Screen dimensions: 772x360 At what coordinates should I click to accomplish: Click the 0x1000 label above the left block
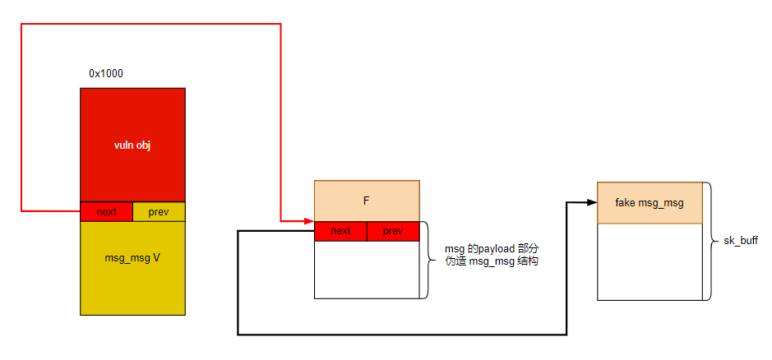[x=106, y=74]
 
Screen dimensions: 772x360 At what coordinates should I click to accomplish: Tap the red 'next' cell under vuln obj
[x=106, y=211]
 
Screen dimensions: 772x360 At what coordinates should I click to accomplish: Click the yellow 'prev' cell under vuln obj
[x=159, y=211]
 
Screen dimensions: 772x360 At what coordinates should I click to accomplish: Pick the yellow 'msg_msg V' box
[x=132, y=268]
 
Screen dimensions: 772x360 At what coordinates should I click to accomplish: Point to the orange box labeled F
[x=367, y=201]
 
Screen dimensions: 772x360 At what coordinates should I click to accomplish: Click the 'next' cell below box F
[x=340, y=231]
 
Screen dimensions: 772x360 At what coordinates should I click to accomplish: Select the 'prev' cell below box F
[x=393, y=231]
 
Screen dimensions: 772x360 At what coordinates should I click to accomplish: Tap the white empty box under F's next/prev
[x=367, y=270]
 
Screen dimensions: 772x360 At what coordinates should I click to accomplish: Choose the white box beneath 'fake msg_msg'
[x=649, y=261]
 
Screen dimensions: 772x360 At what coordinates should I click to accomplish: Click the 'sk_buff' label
[x=740, y=242]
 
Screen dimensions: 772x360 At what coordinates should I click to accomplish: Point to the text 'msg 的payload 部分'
[x=492, y=249]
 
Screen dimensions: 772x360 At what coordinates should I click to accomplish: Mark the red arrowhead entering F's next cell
[x=309, y=221]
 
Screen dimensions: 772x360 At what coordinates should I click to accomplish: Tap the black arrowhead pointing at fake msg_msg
[x=593, y=202]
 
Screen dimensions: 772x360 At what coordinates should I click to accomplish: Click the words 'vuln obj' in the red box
[x=132, y=145]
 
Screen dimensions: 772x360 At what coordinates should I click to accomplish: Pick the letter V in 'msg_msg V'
[x=156, y=258]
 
